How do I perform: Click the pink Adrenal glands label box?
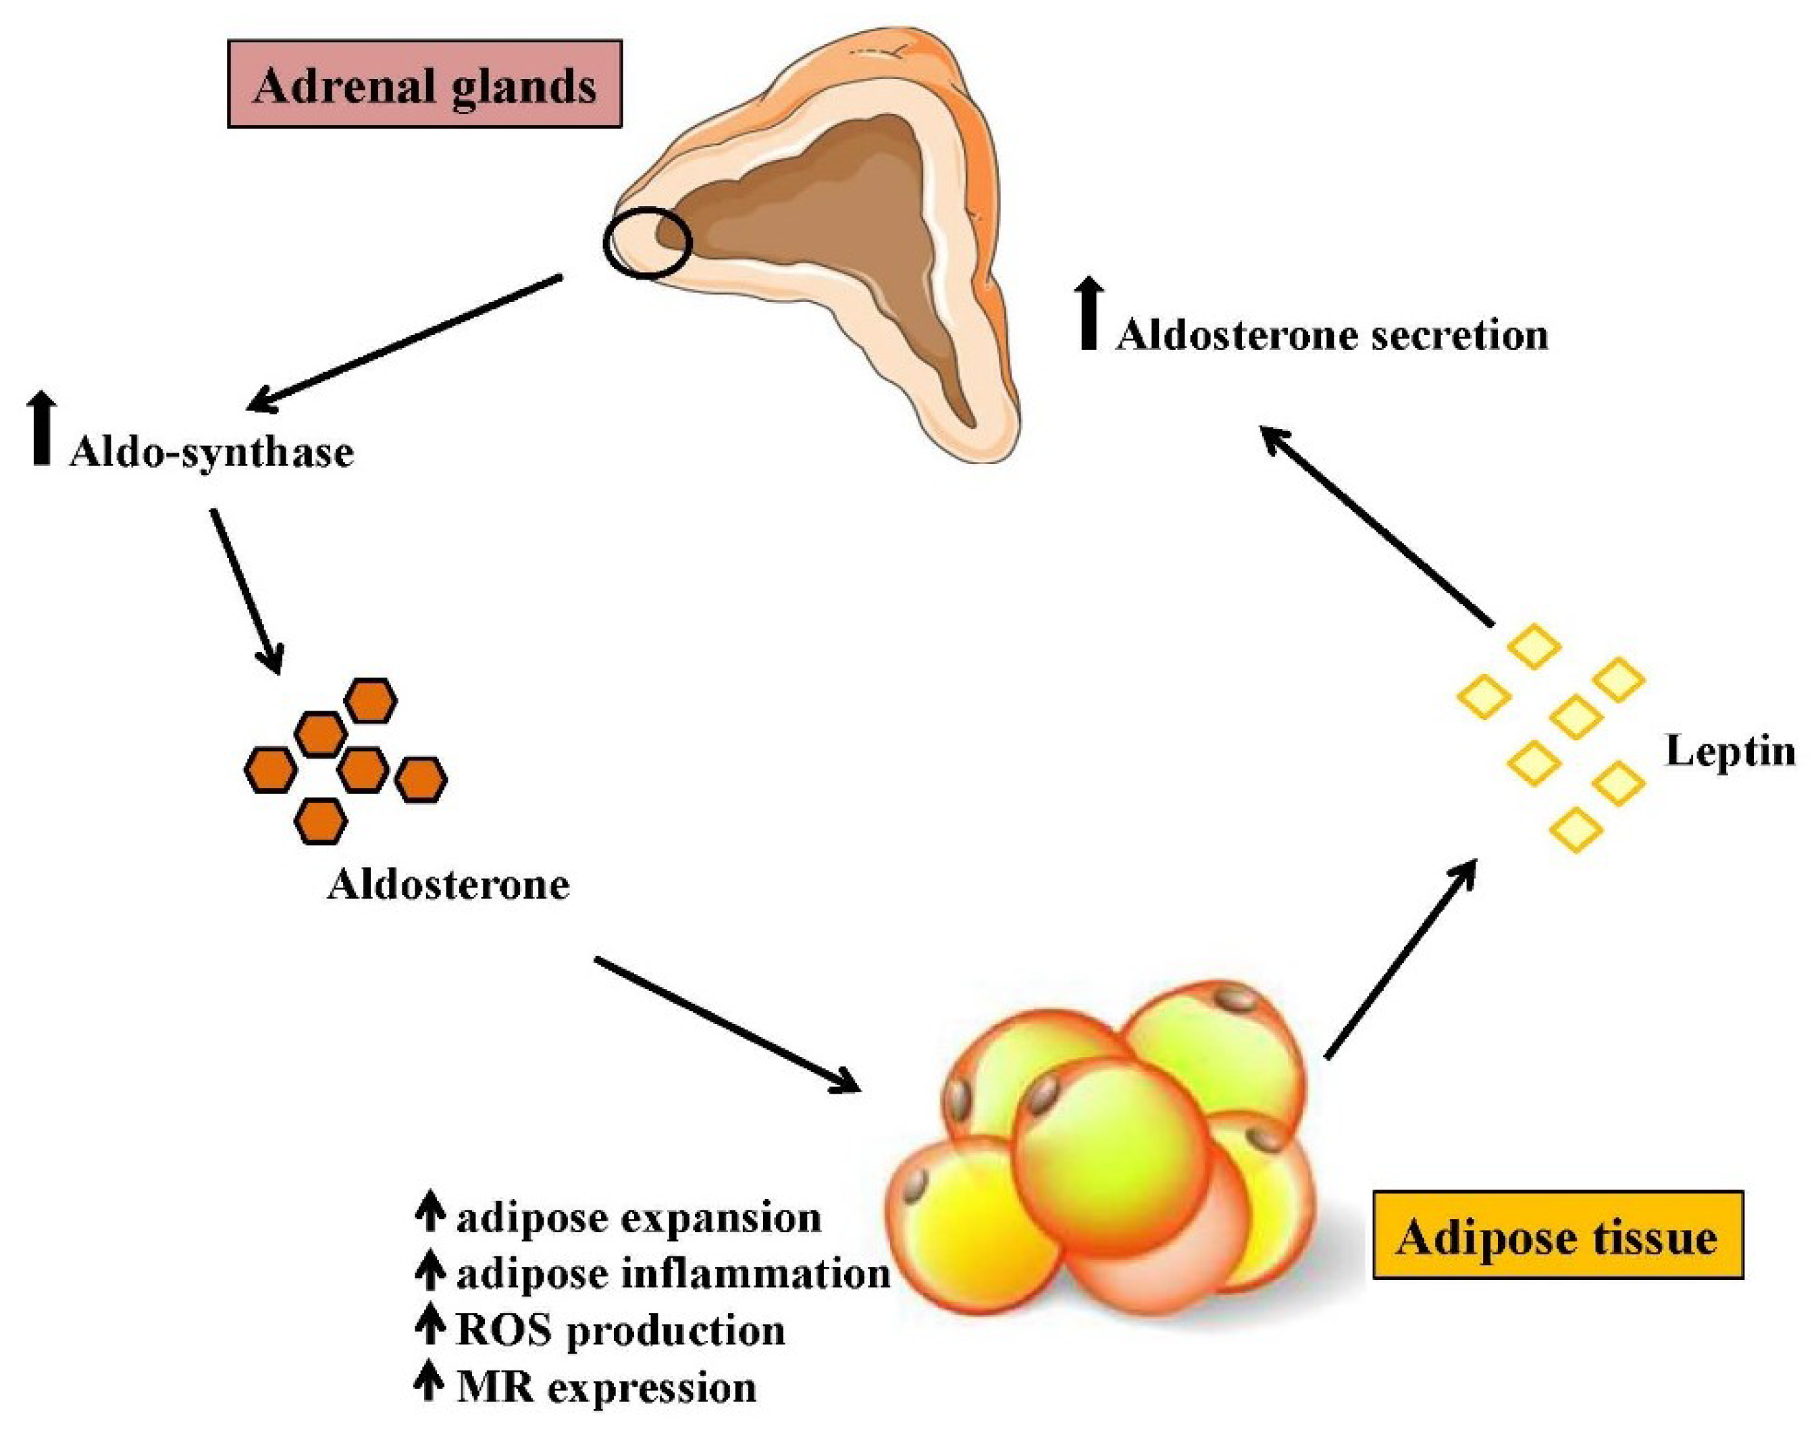tap(425, 84)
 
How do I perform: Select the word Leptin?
tap(1730, 751)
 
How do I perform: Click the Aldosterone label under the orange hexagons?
tap(448, 885)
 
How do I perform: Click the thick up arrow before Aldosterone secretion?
tap(1089, 315)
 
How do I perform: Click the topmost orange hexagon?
tap(371, 700)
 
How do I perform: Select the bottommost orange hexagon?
tap(321, 821)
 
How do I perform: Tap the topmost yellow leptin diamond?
tap(1534, 647)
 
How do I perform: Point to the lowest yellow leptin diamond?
tap(1576, 829)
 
